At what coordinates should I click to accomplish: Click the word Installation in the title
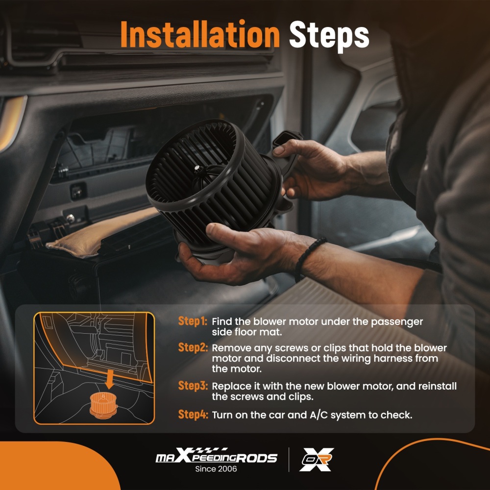[200, 34]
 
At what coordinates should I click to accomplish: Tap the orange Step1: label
[193, 321]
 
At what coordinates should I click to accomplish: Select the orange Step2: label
[193, 347]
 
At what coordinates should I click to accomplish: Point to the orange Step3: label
[193, 386]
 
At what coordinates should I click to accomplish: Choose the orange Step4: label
[193, 415]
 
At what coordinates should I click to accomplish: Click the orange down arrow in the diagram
[109, 379]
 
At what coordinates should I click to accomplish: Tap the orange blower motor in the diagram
[103, 405]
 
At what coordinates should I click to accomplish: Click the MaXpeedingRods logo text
[216, 456]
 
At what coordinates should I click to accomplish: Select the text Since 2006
[216, 469]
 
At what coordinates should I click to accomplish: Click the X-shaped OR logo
[316, 460]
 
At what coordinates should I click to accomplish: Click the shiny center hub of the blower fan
[197, 170]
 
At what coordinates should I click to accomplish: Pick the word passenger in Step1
[397, 322]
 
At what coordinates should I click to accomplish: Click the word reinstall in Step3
[437, 386]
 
